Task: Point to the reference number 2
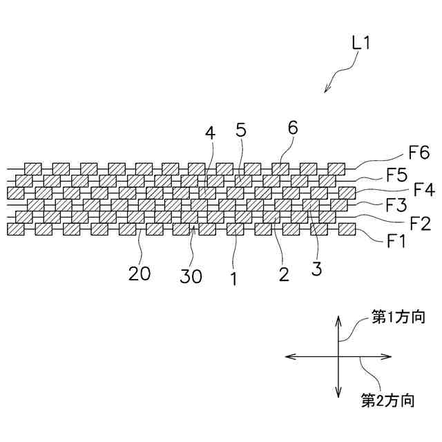pos(282,275)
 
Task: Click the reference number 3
pos(316,269)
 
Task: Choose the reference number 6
pos(293,128)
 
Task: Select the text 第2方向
pos(387,399)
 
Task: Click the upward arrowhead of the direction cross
pos(338,320)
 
